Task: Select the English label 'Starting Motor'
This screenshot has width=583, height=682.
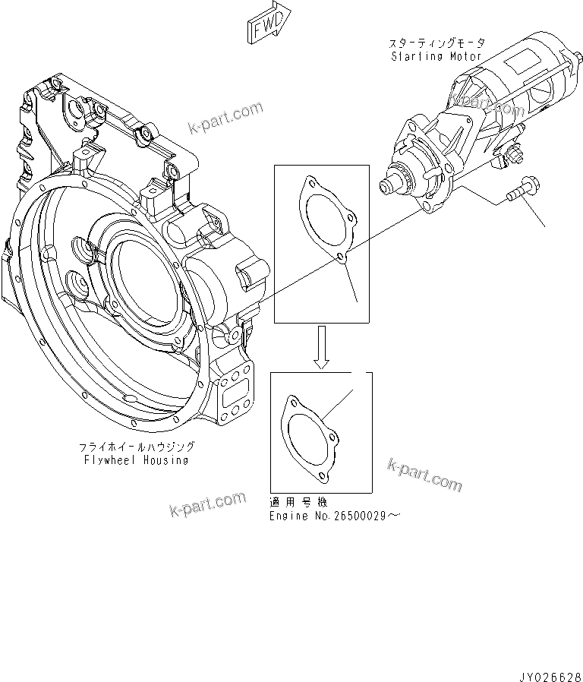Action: (436, 56)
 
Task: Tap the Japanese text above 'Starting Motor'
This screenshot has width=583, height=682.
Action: (436, 44)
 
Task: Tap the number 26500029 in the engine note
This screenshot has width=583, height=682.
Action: (359, 516)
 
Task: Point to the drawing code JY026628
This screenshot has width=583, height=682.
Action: (550, 673)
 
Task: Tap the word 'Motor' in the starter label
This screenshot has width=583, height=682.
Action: (466, 56)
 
